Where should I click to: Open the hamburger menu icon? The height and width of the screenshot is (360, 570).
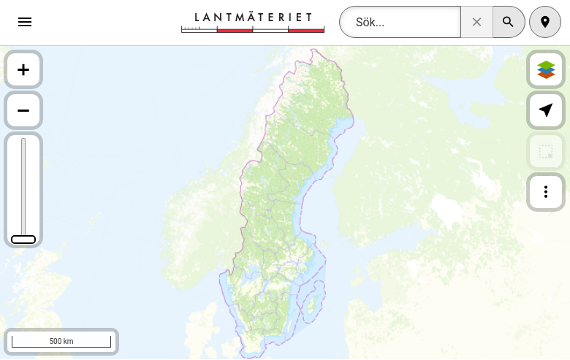tap(25, 22)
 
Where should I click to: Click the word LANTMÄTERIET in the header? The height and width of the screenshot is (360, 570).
tap(253, 17)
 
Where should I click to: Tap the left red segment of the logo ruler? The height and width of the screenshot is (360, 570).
tap(235, 30)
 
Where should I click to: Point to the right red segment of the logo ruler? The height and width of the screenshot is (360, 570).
tap(306, 30)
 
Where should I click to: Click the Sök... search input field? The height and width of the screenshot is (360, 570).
tap(400, 22)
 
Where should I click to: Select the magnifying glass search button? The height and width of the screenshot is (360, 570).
tap(509, 22)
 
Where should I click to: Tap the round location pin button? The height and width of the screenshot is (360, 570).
tap(545, 22)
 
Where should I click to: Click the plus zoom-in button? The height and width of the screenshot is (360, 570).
tap(23, 69)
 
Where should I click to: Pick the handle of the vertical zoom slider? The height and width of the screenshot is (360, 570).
tap(23, 240)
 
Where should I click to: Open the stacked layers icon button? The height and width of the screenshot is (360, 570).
tap(546, 69)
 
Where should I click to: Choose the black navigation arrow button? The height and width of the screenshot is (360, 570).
tap(546, 110)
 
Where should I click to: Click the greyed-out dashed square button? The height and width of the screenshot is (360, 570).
tap(546, 152)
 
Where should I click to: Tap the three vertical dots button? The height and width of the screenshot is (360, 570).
tap(546, 192)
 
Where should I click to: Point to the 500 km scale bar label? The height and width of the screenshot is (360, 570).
tap(61, 341)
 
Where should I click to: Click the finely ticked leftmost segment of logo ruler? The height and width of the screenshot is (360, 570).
tap(199, 30)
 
